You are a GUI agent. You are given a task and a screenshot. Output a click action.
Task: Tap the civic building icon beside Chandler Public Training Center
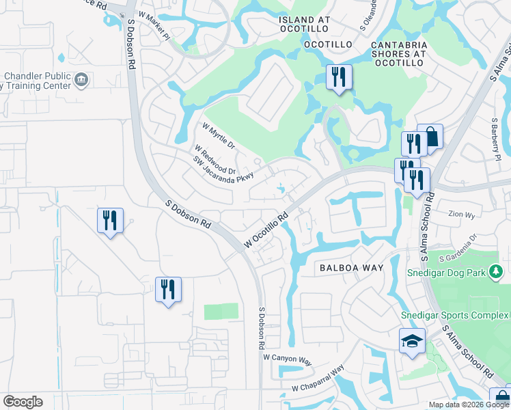point(81,79)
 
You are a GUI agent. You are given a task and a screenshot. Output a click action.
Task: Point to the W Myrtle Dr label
point(219,135)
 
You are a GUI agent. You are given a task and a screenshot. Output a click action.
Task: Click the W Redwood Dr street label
point(215,159)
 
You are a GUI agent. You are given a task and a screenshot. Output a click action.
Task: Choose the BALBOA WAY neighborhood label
point(351,269)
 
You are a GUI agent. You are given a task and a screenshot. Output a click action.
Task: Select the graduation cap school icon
point(412,341)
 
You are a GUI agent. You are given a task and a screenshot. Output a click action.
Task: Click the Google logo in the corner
point(23,402)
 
